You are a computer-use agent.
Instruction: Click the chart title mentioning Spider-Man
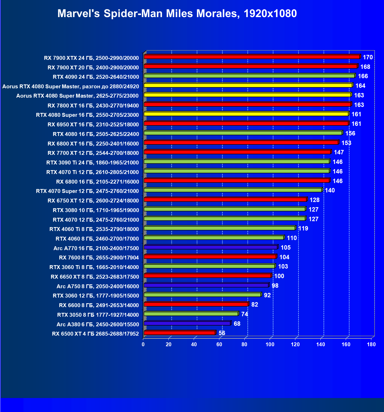coord(177,13)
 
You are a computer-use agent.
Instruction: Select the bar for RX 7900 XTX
coord(252,57)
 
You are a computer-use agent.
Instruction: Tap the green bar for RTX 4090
coord(249,76)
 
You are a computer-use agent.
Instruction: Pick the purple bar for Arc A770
coord(210,247)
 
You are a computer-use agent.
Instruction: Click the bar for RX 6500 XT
coord(179,333)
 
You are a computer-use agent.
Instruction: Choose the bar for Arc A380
coord(187,323)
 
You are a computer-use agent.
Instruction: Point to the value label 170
coord(368,57)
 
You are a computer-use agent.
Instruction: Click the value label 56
coord(222,333)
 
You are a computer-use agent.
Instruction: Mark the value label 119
coord(303,228)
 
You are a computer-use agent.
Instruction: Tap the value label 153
coord(346,143)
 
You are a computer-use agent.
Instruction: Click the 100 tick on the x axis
coord(270,344)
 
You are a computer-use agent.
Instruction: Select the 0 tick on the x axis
coord(143,344)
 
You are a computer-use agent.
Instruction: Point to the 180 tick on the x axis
coord(371,344)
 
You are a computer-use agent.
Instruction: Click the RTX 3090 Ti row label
coord(93,163)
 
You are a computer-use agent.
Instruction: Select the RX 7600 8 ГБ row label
coord(99,258)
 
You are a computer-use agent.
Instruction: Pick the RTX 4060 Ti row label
coord(94,229)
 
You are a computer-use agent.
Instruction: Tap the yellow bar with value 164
coord(248,85)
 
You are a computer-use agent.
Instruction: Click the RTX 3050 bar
coord(191,314)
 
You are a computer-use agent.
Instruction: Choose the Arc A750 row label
coord(98,286)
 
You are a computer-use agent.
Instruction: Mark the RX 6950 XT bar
coord(246,123)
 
